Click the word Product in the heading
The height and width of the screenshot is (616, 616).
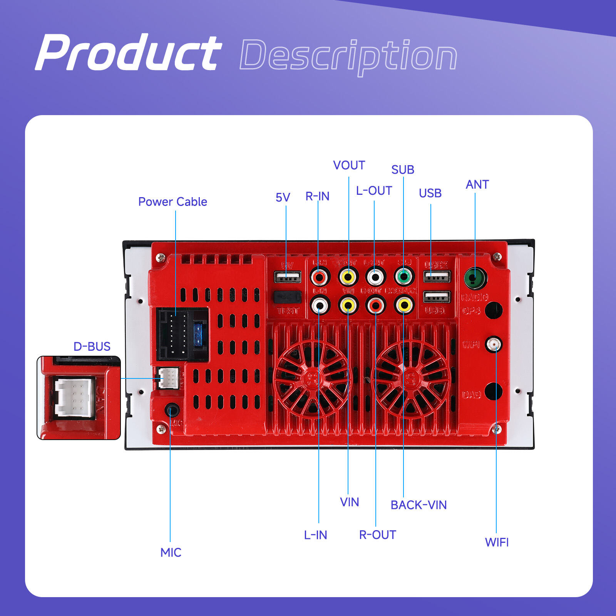point(129,53)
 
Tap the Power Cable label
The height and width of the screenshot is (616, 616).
point(172,202)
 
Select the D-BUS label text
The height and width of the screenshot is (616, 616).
point(92,346)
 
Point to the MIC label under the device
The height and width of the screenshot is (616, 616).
point(171,552)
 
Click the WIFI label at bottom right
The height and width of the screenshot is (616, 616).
point(497,542)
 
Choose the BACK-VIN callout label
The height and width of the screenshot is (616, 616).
point(418,505)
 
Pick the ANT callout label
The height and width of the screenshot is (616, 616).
point(477,184)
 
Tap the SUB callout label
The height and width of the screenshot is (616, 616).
point(403,169)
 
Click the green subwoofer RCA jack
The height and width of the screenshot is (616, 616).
point(404,276)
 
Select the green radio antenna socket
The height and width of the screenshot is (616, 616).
point(474,278)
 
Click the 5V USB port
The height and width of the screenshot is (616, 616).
point(287,277)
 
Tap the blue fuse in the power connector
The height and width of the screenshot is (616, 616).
point(198,334)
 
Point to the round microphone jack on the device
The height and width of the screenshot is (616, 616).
point(172,410)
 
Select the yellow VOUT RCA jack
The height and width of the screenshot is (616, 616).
point(348,276)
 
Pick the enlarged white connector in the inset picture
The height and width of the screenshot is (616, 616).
point(75,398)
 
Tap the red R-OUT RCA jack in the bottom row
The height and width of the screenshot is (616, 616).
point(375,306)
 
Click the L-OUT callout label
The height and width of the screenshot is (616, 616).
point(374,191)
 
